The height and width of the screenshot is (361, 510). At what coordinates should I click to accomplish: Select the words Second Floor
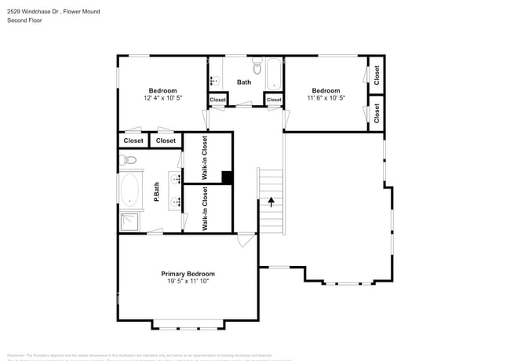point(25,20)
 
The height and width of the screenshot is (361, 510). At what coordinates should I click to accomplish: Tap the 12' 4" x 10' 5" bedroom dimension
point(163,99)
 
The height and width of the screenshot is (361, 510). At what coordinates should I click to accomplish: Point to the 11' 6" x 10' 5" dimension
point(326,99)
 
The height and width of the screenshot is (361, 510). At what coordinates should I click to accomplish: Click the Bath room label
point(244,82)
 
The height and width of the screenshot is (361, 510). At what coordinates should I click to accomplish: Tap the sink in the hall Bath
point(215,80)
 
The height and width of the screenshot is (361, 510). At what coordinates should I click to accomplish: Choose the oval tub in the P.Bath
point(129,190)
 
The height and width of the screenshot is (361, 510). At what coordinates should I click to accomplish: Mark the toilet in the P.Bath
point(129,160)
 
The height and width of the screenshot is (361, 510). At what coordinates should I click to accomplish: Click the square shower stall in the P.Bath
point(130,221)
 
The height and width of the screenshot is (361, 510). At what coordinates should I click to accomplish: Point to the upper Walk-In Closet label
point(206,159)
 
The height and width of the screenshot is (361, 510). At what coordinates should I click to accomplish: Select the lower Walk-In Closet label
point(206,209)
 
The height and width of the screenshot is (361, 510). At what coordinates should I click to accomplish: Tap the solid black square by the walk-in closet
point(227,177)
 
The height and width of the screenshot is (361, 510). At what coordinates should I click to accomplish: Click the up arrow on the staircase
point(271,202)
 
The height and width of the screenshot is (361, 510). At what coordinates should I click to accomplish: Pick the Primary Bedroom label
point(188,274)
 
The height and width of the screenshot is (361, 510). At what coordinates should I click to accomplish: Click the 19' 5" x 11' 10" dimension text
point(188,283)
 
